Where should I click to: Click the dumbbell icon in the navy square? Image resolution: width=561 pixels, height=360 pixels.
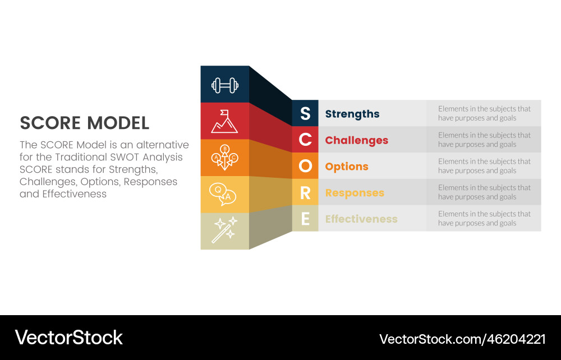[224, 85]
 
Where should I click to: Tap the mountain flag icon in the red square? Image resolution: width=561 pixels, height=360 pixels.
[224, 121]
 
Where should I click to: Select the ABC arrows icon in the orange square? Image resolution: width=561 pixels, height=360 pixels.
[224, 158]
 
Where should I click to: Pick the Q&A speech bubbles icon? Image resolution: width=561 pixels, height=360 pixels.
[223, 194]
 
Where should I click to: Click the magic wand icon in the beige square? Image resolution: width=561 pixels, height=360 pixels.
[224, 230]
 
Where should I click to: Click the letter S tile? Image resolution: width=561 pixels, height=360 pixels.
[305, 113]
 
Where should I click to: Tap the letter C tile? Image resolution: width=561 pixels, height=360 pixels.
[305, 140]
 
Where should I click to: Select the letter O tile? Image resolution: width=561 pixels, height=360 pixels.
[305, 166]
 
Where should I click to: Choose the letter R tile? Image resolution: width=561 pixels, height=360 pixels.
[305, 192]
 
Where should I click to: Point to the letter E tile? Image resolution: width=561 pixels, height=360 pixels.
[305, 219]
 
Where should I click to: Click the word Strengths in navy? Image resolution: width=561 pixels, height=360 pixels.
[352, 114]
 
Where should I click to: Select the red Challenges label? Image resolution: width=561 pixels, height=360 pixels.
[357, 140]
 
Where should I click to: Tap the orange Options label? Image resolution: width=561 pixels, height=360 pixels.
[347, 167]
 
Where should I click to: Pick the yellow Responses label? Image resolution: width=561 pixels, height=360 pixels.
[355, 193]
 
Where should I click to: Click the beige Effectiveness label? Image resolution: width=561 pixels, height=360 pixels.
[361, 219]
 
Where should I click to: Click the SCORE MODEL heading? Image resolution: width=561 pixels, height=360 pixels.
[85, 123]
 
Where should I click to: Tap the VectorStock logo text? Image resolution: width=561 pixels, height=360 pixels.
[68, 338]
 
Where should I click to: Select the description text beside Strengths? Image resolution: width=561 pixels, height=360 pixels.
[484, 113]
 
